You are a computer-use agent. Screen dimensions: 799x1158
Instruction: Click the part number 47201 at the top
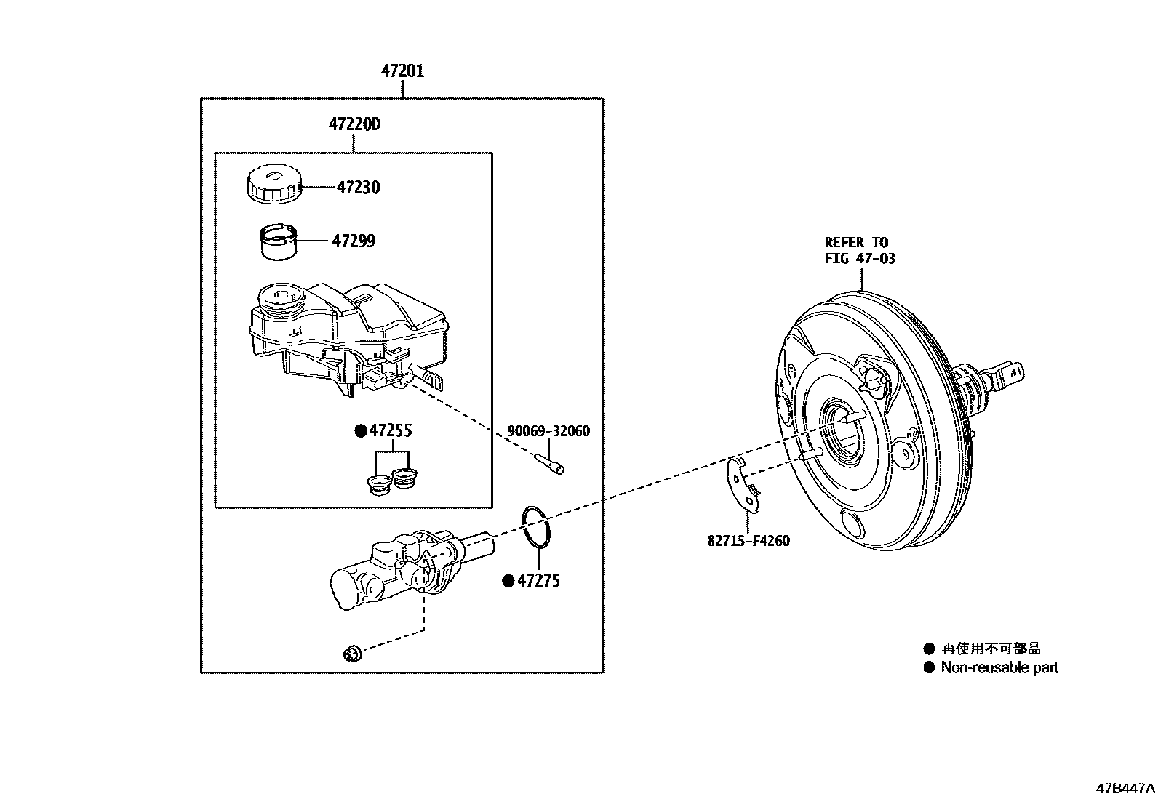(x=402, y=71)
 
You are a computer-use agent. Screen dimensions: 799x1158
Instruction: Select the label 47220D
(x=354, y=124)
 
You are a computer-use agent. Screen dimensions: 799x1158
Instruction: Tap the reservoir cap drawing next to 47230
(x=272, y=184)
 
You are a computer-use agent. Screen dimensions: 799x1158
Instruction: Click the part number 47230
(x=358, y=188)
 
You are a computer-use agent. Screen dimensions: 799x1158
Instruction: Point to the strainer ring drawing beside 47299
(x=279, y=241)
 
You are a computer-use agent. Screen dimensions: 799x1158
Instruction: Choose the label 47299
(x=354, y=241)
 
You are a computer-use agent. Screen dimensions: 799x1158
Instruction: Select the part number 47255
(x=391, y=430)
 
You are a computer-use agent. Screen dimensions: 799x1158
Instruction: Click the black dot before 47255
(x=360, y=431)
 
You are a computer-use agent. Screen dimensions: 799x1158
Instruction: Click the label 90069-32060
(x=548, y=431)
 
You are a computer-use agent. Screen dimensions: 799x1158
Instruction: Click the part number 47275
(x=538, y=581)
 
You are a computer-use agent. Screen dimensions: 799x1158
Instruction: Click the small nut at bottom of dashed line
(x=352, y=654)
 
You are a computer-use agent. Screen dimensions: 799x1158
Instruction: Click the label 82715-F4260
(x=748, y=541)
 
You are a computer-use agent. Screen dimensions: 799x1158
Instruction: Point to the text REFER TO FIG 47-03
(x=859, y=250)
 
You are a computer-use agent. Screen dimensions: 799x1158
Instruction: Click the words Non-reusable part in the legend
(x=999, y=667)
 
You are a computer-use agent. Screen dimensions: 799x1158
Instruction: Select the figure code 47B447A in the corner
(x=1126, y=788)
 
